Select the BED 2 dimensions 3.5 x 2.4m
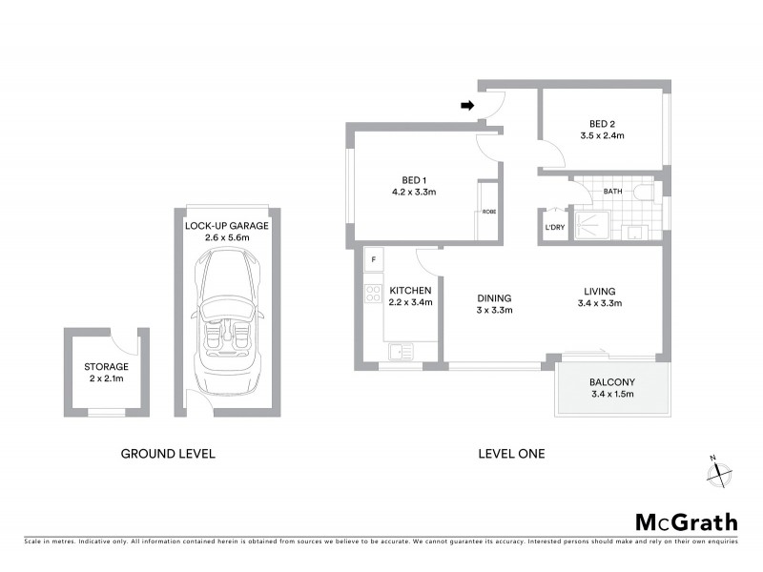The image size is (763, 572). (x=607, y=136)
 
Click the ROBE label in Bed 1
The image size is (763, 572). (x=488, y=212)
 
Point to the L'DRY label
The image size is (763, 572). (x=553, y=228)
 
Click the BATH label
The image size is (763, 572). (x=612, y=192)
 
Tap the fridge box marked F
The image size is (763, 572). (x=374, y=259)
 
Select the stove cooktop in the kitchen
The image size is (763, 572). (x=373, y=294)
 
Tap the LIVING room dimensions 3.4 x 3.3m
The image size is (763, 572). (x=600, y=304)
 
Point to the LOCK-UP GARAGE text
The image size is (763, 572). (x=226, y=226)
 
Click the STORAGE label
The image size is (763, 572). (x=106, y=366)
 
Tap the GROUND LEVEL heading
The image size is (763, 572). (x=168, y=454)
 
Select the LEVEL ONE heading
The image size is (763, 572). (x=511, y=454)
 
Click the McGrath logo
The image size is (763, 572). (x=686, y=521)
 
